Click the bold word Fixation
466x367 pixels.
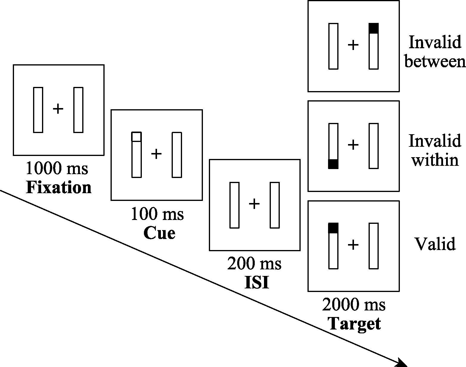tap(59, 188)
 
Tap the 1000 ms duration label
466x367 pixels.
tap(57, 168)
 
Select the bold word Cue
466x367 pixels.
tap(159, 233)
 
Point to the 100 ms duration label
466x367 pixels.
tap(157, 214)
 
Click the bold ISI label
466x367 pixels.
tap(257, 283)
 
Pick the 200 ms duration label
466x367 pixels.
tap(254, 263)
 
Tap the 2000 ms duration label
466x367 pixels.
tap(354, 305)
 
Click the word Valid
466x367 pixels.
tap(435, 244)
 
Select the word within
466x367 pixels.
tap(435, 160)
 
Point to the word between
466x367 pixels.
tap(435, 61)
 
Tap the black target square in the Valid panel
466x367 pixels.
tap(333, 228)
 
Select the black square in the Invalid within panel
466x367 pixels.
tap(333, 164)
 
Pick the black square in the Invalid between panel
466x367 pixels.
tap(374, 28)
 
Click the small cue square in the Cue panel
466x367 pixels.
tap(136, 137)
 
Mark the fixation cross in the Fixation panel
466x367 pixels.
tap(58, 109)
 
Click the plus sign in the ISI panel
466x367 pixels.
tap(254, 204)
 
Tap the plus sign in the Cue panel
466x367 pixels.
tap(156, 154)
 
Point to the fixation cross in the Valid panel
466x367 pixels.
tap(353, 245)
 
